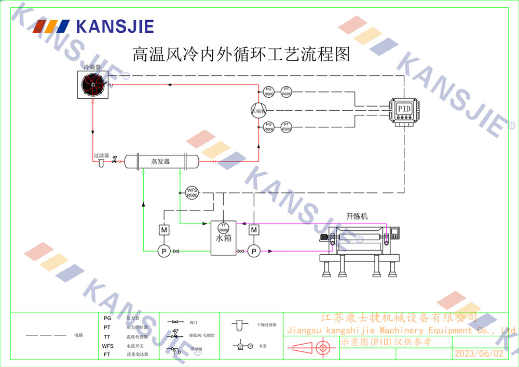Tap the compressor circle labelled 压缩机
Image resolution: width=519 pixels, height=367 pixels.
(258, 110)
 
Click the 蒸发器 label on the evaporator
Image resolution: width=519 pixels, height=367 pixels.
(160, 161)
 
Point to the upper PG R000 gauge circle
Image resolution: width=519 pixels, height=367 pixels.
(268, 91)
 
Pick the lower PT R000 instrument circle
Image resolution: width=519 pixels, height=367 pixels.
(286, 127)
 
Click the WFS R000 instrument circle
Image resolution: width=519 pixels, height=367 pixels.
(192, 192)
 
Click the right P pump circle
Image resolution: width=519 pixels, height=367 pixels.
(253, 252)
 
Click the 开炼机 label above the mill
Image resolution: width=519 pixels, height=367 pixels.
(357, 216)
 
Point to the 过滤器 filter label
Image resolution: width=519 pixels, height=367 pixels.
(101, 155)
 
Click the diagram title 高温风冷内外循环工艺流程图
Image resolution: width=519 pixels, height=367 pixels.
(241, 54)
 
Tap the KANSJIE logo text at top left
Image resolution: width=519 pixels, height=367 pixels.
(115, 25)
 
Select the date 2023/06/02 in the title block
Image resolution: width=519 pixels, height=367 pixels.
(479, 353)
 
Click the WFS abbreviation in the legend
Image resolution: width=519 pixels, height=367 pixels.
(108, 345)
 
